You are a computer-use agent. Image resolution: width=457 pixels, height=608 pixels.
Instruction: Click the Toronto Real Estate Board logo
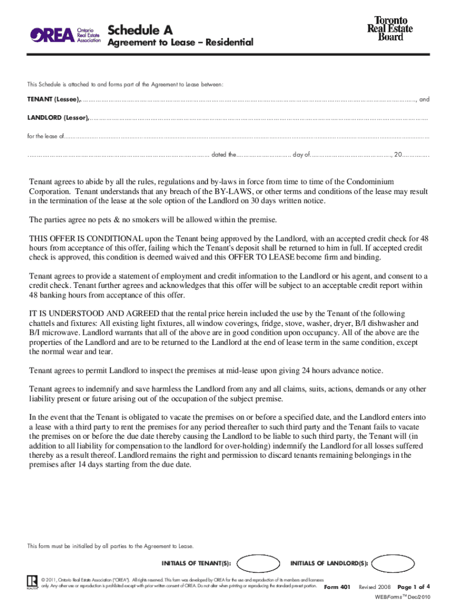click(390, 28)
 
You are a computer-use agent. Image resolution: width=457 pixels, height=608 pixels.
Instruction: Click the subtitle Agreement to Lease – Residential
click(180, 43)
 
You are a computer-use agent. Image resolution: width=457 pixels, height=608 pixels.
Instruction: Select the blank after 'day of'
click(351, 155)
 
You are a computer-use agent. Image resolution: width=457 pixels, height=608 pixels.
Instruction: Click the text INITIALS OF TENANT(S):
click(196, 563)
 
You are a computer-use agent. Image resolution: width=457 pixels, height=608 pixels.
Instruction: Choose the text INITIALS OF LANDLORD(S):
click(329, 563)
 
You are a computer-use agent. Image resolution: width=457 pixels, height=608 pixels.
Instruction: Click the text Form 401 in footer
click(335, 587)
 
